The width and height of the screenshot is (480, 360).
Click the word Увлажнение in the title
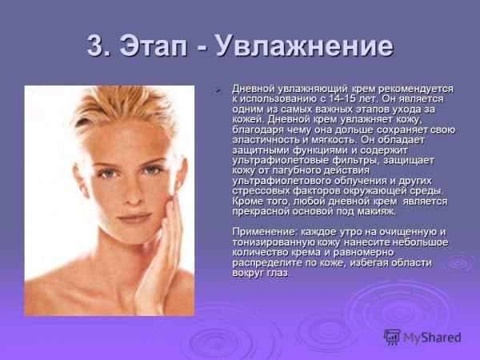[305, 47]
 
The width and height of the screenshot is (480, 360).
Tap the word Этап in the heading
[153, 47]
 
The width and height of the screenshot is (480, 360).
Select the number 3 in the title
[95, 47]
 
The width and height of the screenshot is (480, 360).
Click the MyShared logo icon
[392, 337]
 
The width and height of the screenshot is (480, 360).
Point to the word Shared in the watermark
[441, 337]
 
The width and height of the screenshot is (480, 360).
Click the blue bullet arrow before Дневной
[218, 90]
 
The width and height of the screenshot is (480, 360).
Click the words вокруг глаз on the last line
[261, 273]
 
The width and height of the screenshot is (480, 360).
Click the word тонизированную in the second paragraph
[270, 242]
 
